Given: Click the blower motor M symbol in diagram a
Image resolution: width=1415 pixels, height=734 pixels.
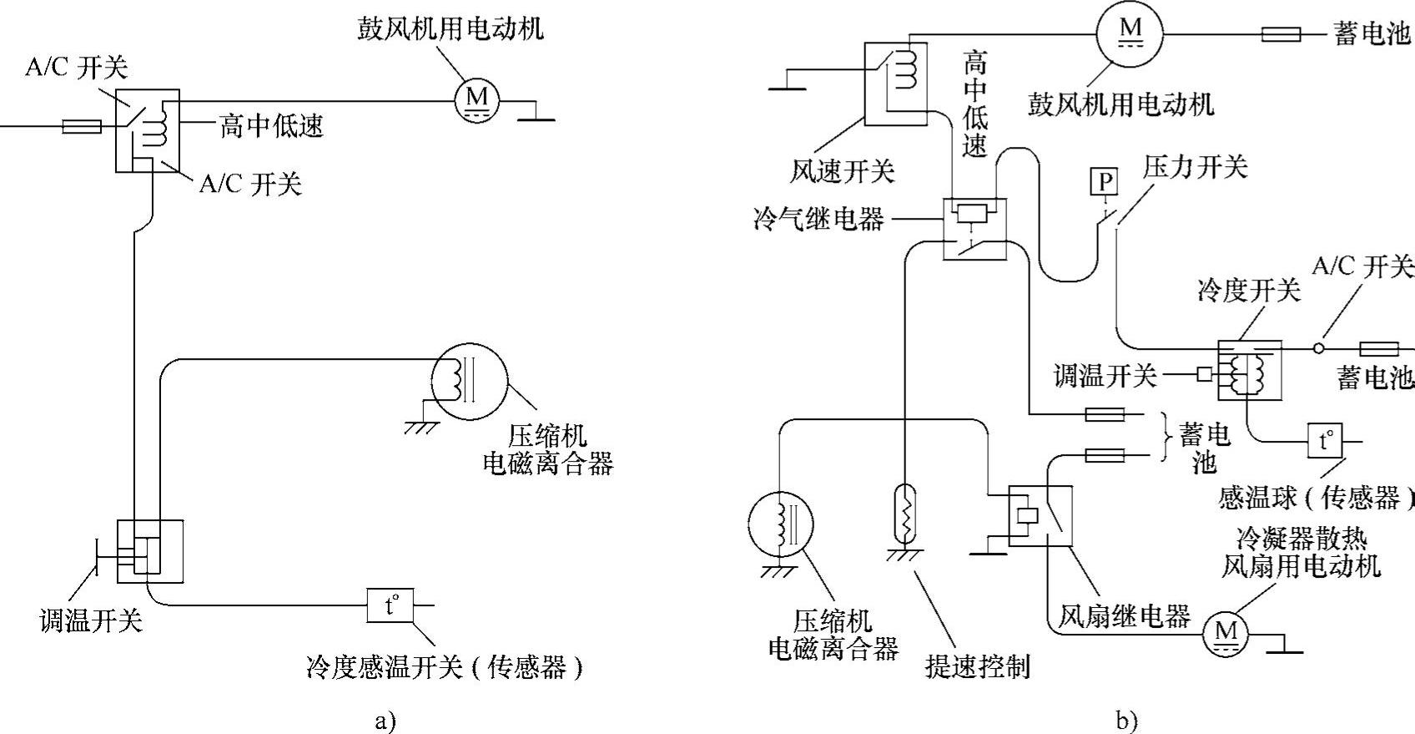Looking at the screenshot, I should point(476,100).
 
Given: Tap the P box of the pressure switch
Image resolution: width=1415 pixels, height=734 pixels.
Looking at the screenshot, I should point(1105,181).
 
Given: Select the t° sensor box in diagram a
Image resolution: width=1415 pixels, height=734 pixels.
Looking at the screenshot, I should point(390,605).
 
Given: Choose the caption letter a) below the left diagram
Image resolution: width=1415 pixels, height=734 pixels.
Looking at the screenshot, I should point(385,721).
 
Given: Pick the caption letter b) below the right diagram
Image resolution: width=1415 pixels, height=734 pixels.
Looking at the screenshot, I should point(1126,721).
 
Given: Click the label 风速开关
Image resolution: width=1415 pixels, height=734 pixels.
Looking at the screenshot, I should point(843,172).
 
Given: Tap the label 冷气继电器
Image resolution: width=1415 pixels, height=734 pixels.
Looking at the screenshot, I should point(818,220).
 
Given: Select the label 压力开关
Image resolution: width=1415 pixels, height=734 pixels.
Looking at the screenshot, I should point(1196,168).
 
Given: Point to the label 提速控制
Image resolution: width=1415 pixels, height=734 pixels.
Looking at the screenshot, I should point(978,666).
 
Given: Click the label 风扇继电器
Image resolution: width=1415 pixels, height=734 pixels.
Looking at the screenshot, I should point(1124,617).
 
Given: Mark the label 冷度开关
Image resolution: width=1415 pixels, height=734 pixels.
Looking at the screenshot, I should point(1248,291).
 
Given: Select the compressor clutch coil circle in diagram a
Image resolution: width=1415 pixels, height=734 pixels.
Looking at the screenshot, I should point(468,382).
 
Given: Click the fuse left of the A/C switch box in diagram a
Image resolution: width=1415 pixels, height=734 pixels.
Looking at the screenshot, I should point(82,127).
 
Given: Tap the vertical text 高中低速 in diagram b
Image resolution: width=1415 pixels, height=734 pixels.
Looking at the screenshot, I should point(974,104).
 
